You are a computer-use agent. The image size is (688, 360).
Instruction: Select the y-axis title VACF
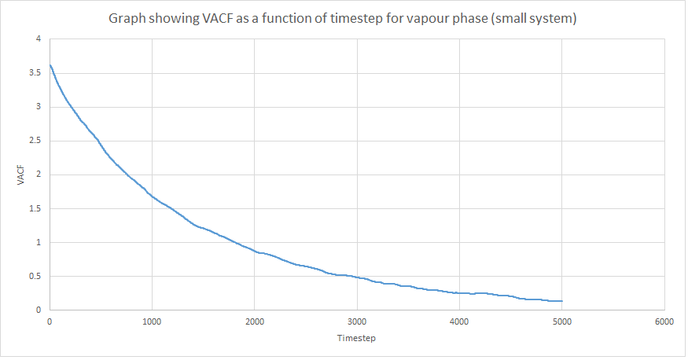click(20, 175)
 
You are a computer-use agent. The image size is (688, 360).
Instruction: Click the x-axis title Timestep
click(356, 338)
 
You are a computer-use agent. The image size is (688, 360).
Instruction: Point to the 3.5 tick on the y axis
click(35, 73)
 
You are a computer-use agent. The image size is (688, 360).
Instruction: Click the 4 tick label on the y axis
click(39, 39)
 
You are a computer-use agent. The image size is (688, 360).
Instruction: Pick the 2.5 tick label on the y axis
click(35, 141)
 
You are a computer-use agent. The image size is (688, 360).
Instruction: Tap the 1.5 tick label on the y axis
click(35, 209)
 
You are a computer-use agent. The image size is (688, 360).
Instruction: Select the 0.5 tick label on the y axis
click(35, 276)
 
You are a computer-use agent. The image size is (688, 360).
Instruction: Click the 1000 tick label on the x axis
click(152, 321)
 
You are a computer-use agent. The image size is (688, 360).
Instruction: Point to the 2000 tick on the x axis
click(255, 321)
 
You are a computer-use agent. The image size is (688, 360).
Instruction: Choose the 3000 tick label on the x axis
click(357, 321)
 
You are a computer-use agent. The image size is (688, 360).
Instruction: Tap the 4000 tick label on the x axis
click(459, 321)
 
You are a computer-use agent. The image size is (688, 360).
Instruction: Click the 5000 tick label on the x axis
click(562, 321)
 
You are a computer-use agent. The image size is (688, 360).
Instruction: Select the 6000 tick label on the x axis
click(664, 321)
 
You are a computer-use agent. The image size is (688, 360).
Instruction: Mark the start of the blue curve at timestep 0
click(50, 65)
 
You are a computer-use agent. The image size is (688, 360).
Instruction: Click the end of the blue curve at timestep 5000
click(562, 301)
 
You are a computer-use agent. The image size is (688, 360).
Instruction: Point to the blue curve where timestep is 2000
click(255, 251)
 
